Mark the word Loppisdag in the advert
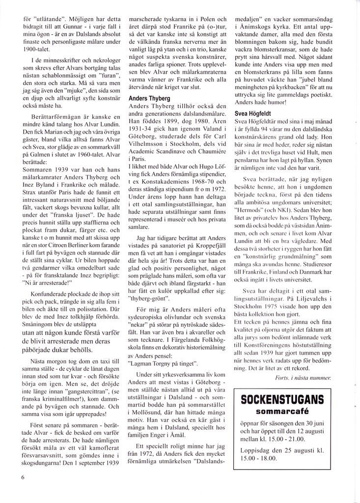(x=256, y=450)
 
